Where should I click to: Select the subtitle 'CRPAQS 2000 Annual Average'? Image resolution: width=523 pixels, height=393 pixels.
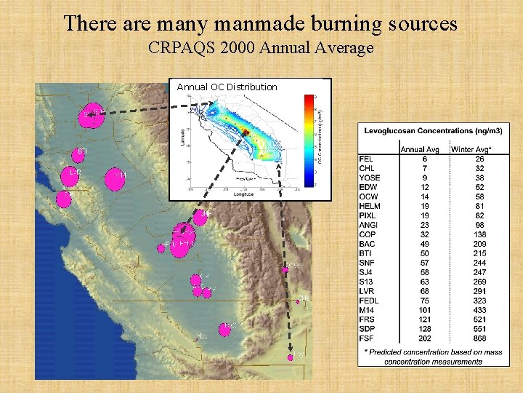(261, 48)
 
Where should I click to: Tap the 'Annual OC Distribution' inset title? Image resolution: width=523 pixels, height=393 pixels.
(227, 87)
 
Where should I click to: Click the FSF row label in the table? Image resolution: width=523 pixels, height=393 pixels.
(368, 337)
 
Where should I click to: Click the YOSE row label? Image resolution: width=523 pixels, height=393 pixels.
(370, 178)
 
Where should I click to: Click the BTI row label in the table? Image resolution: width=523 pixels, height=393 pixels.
(368, 252)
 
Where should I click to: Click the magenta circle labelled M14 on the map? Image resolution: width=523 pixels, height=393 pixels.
(115, 180)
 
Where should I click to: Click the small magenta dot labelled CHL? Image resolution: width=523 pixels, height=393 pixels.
(306, 301)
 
